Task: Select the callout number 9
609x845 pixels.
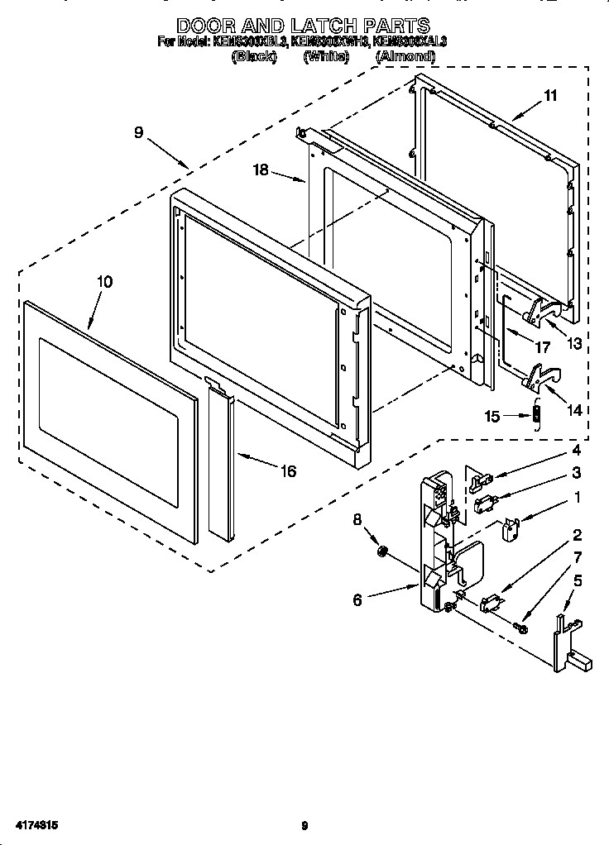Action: (x=138, y=131)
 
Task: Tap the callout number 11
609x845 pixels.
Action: (x=550, y=96)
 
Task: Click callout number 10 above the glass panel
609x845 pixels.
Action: (x=104, y=281)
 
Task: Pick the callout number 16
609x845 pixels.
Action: (x=288, y=471)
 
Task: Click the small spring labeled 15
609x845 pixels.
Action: (x=535, y=414)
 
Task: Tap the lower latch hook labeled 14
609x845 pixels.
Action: (x=538, y=376)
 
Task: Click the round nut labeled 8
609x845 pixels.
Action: (x=382, y=551)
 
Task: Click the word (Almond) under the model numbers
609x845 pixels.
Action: (x=405, y=56)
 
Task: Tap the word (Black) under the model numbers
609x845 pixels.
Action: (x=254, y=56)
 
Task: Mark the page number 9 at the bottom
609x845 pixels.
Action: (x=304, y=825)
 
